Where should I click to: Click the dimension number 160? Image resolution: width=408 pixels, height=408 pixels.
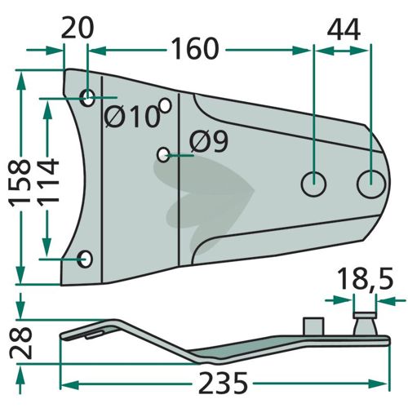[x=195, y=49]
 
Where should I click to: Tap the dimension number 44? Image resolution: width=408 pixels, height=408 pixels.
[x=344, y=29]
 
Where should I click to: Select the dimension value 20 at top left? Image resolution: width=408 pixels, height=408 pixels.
[x=78, y=27]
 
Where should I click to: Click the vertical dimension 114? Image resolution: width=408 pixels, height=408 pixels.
[x=48, y=180]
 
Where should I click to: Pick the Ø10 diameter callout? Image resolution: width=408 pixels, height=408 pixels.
[x=132, y=117]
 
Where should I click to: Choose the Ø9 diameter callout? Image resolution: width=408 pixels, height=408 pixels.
[x=209, y=141]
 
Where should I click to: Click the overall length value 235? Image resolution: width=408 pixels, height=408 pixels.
[x=223, y=383]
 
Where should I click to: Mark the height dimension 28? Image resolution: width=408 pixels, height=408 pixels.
[x=21, y=344]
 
